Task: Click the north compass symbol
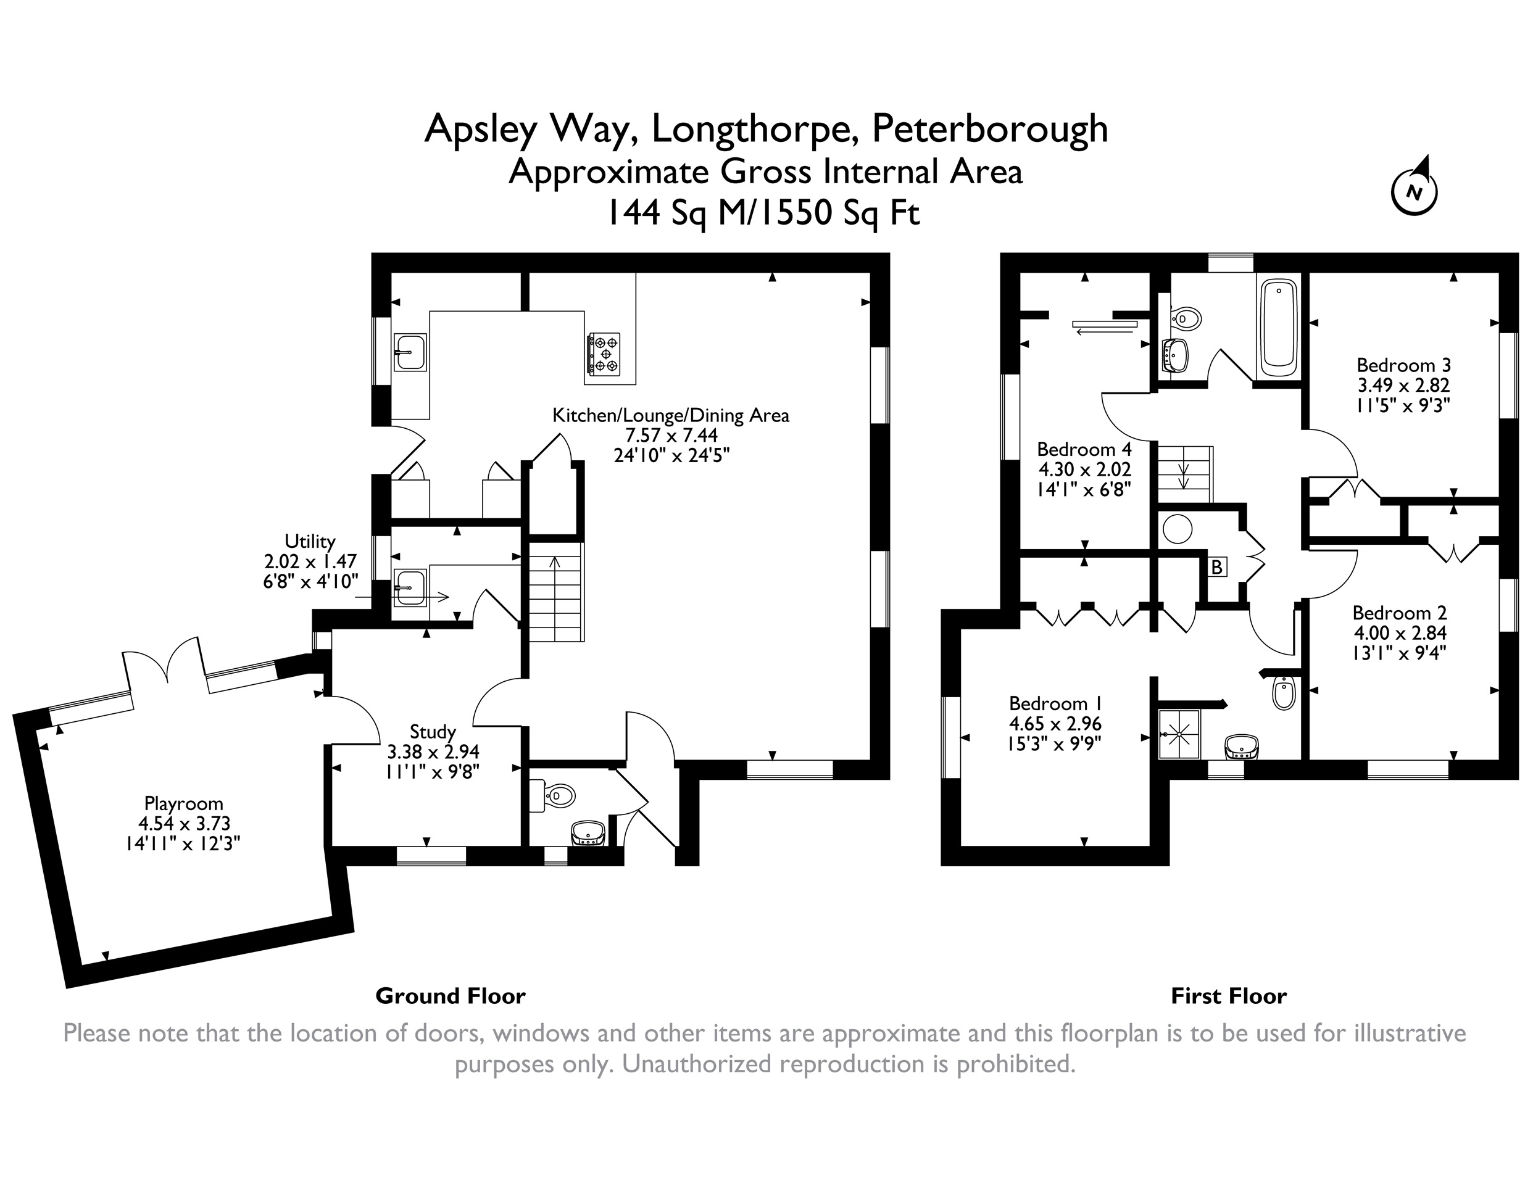1415,190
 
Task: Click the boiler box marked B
1216,566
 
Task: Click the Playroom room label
183,803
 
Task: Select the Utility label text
310,541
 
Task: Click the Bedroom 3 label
1403,365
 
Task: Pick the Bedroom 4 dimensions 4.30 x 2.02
1084,469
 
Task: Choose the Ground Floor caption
451,996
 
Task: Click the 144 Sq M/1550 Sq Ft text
763,212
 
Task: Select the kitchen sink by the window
410,352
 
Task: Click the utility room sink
409,587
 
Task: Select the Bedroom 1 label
1055,703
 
